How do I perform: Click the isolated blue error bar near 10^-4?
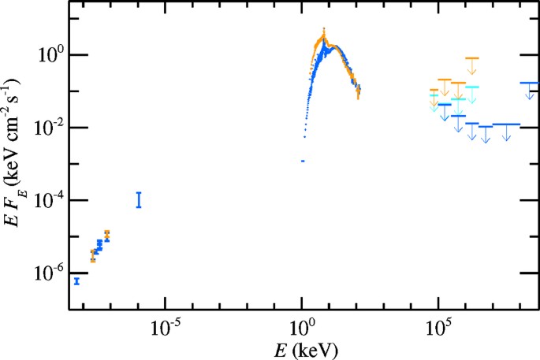[139, 199]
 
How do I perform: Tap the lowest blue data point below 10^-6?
[76, 280]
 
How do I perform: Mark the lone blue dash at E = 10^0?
[303, 161]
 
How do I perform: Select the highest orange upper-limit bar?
[472, 58]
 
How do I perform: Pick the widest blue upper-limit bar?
[505, 124]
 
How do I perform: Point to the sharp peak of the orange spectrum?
[324, 32]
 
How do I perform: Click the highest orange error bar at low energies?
[107, 234]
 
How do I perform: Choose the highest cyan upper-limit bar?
[473, 87]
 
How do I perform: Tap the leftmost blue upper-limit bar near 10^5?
[445, 105]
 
